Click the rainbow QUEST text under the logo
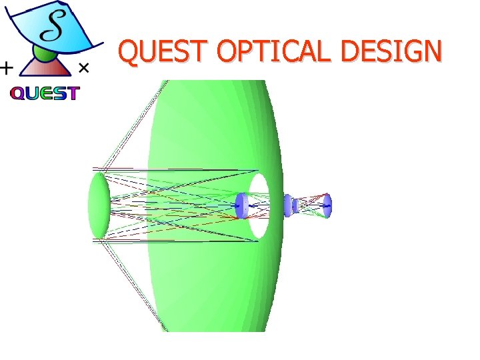pyautogui.click(x=45, y=94)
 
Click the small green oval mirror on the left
pyautogui.click(x=99, y=205)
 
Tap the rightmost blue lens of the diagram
pyautogui.click(x=327, y=205)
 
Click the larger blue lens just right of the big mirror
pyautogui.click(x=287, y=205)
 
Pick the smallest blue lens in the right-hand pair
pyautogui.click(x=295, y=206)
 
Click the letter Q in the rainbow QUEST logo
pyautogui.click(x=17, y=94)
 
